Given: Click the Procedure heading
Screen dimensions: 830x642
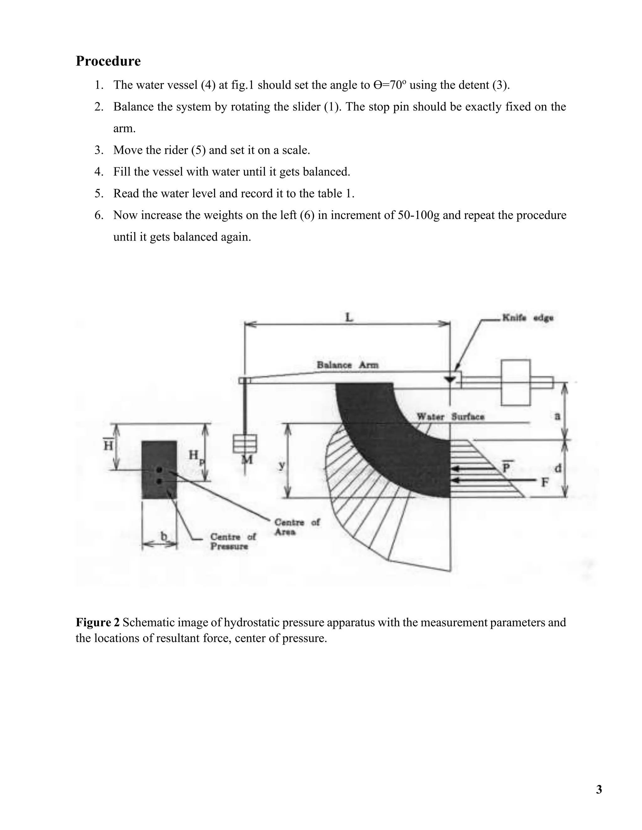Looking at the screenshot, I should (108, 61).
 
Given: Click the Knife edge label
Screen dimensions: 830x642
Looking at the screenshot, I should (528, 318).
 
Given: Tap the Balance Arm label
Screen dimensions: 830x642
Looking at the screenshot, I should (348, 365).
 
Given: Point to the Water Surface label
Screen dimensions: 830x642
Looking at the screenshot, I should (450, 417).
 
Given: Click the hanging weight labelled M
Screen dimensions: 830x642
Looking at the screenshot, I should (245, 444).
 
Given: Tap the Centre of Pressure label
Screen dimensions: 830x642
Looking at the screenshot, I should (233, 542).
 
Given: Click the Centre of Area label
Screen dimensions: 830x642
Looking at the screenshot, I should (297, 527).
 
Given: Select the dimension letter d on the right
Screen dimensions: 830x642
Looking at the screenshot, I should (558, 468).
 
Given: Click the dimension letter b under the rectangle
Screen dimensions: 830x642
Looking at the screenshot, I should (164, 536).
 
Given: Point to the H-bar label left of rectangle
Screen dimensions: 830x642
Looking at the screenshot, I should (108, 445).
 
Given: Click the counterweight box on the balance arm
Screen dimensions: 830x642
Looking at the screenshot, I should (515, 382).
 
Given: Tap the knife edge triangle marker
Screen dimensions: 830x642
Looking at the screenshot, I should (450, 380).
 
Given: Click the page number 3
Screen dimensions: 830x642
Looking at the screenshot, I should (599, 790).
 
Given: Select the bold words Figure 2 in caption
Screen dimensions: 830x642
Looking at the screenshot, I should (98, 623).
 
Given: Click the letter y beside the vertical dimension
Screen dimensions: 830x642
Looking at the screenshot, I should (282, 465).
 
